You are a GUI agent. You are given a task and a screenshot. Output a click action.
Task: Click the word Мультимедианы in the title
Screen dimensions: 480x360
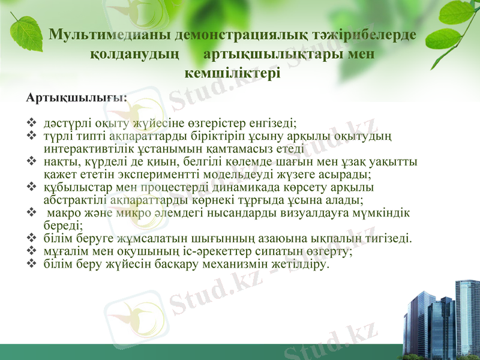coord(110,34)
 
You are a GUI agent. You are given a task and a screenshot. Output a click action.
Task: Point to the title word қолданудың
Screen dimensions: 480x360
coord(134,55)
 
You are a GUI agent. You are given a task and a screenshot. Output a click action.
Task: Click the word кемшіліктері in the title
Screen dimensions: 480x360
coord(233,73)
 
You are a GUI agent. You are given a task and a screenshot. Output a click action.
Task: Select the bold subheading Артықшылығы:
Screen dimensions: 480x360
coord(77,98)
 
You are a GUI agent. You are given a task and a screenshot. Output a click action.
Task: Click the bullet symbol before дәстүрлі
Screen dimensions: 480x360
coord(31,123)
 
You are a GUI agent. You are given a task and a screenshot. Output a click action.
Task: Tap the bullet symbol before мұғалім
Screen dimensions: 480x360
coord(31,251)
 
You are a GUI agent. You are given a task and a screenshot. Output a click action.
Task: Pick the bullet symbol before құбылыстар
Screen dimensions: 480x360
coord(31,187)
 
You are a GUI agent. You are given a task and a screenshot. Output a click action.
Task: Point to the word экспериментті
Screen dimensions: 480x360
coord(158,175)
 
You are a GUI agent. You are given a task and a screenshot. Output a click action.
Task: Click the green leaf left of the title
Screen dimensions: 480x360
coord(26,34)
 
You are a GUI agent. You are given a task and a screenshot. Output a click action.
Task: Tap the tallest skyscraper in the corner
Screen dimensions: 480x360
coord(467,319)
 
